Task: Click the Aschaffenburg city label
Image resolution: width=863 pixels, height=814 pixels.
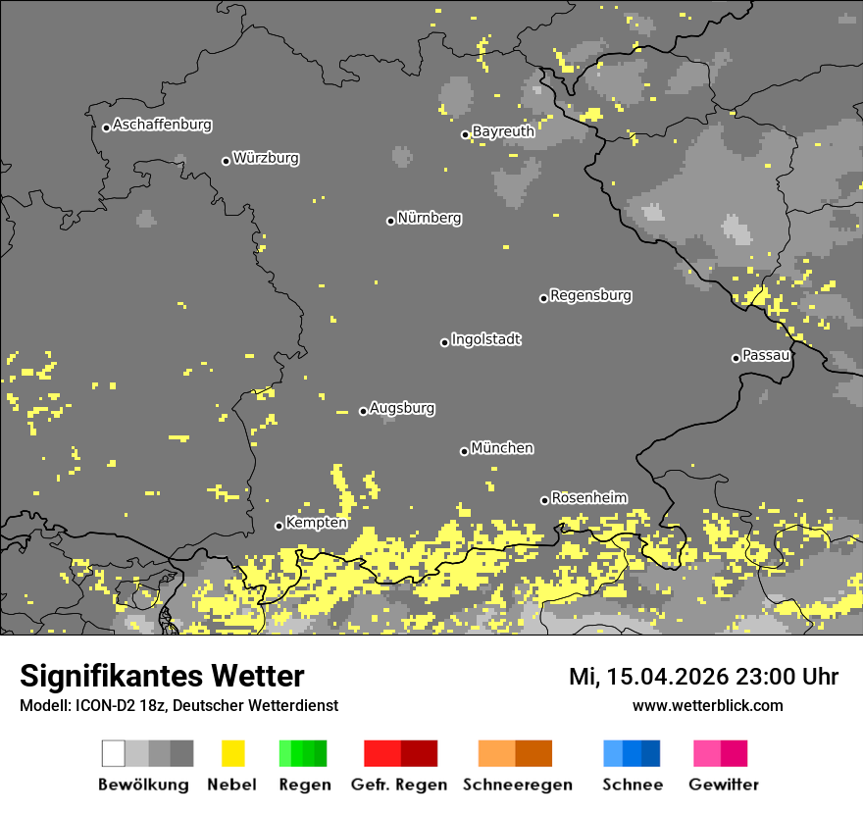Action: coord(162,126)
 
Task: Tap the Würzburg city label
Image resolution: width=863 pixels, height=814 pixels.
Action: coord(266,158)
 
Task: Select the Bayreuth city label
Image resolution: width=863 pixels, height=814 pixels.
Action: coord(503,131)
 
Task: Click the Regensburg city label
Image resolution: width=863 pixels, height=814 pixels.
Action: coord(590,295)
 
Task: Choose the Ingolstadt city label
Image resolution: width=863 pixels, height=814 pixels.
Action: coord(486,340)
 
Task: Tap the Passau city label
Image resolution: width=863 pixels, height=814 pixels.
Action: coord(766,355)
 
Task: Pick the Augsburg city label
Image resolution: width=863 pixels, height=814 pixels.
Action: coord(402,409)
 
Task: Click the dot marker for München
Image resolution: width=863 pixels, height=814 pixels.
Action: coord(465,451)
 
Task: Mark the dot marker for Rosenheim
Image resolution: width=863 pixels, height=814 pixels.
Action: coord(545,500)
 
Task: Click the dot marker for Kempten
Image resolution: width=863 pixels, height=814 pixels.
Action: coord(279,526)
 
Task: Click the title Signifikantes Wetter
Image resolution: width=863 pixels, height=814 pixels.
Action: coord(162,676)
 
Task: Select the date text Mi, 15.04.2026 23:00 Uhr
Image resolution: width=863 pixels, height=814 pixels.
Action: coord(703,677)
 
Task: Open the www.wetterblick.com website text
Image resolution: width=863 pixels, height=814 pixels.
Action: coord(707,706)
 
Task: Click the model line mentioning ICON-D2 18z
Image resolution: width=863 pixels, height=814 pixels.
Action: coord(178,706)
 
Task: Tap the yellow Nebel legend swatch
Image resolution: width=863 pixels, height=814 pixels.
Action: coord(232,753)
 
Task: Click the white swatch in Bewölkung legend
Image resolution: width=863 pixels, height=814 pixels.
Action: coord(114,753)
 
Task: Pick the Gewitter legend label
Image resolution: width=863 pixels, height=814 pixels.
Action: coord(724,785)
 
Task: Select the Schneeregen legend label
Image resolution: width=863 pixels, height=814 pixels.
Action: coord(518,785)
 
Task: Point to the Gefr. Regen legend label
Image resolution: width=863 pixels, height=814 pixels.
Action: coord(400,785)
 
